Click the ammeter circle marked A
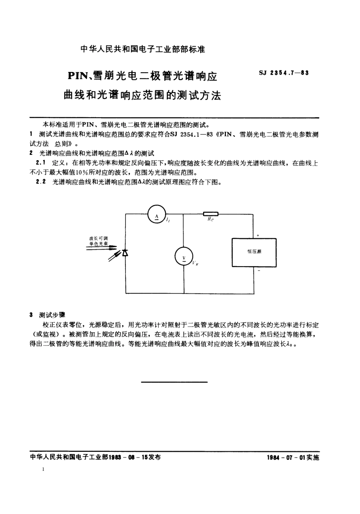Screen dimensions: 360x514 [x=156, y=215]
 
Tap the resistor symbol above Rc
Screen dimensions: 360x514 [x=210, y=214]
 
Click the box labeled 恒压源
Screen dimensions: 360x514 [x=254, y=252]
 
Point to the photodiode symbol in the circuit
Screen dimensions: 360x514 [x=125, y=253]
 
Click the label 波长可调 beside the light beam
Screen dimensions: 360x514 [x=98, y=238]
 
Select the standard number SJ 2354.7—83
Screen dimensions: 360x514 [x=284, y=73]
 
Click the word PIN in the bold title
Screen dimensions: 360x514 [x=78, y=76]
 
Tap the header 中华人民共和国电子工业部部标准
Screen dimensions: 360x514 [x=143, y=49]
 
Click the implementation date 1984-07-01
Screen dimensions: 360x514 [x=287, y=458]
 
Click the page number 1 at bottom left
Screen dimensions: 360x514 [x=44, y=469]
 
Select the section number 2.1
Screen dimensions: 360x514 [x=41, y=163]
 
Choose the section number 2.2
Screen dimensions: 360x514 [x=41, y=182]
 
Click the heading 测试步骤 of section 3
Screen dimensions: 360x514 [x=52, y=315]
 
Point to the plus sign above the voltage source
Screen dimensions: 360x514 [x=258, y=235]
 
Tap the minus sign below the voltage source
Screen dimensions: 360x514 [x=258, y=271]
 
